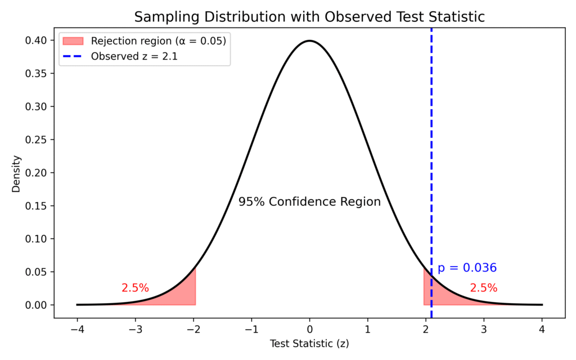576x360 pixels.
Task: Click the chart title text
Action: click(x=309, y=17)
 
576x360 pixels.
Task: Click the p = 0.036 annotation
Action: click(x=467, y=268)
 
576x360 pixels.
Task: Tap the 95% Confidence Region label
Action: click(x=309, y=201)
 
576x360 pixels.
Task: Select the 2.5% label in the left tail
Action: click(x=135, y=288)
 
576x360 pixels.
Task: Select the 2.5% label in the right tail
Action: click(x=484, y=288)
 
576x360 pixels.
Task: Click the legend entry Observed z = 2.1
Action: click(x=134, y=56)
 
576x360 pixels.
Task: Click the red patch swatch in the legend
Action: click(x=73, y=41)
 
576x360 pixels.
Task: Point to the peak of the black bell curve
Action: click(x=309, y=40)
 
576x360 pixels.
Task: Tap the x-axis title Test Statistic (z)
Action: click(x=309, y=343)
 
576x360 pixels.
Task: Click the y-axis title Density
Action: click(x=16, y=173)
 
